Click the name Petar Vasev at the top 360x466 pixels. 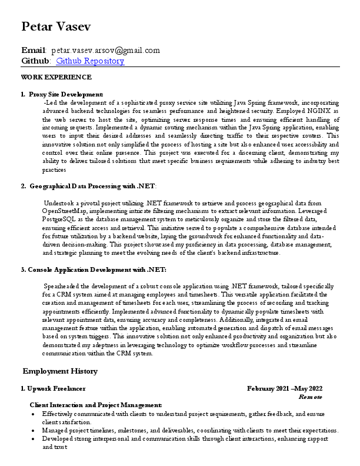pos(56,26)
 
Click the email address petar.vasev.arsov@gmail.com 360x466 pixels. pos(105,51)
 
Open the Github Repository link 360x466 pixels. pos(90,61)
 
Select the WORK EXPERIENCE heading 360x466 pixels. pos(56,77)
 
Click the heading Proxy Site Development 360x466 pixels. pos(66,94)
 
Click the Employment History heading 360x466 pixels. pos(60,371)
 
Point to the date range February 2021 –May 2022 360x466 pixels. pos(285,389)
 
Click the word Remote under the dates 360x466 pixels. pos(311,397)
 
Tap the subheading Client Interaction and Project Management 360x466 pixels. pos(96,405)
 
